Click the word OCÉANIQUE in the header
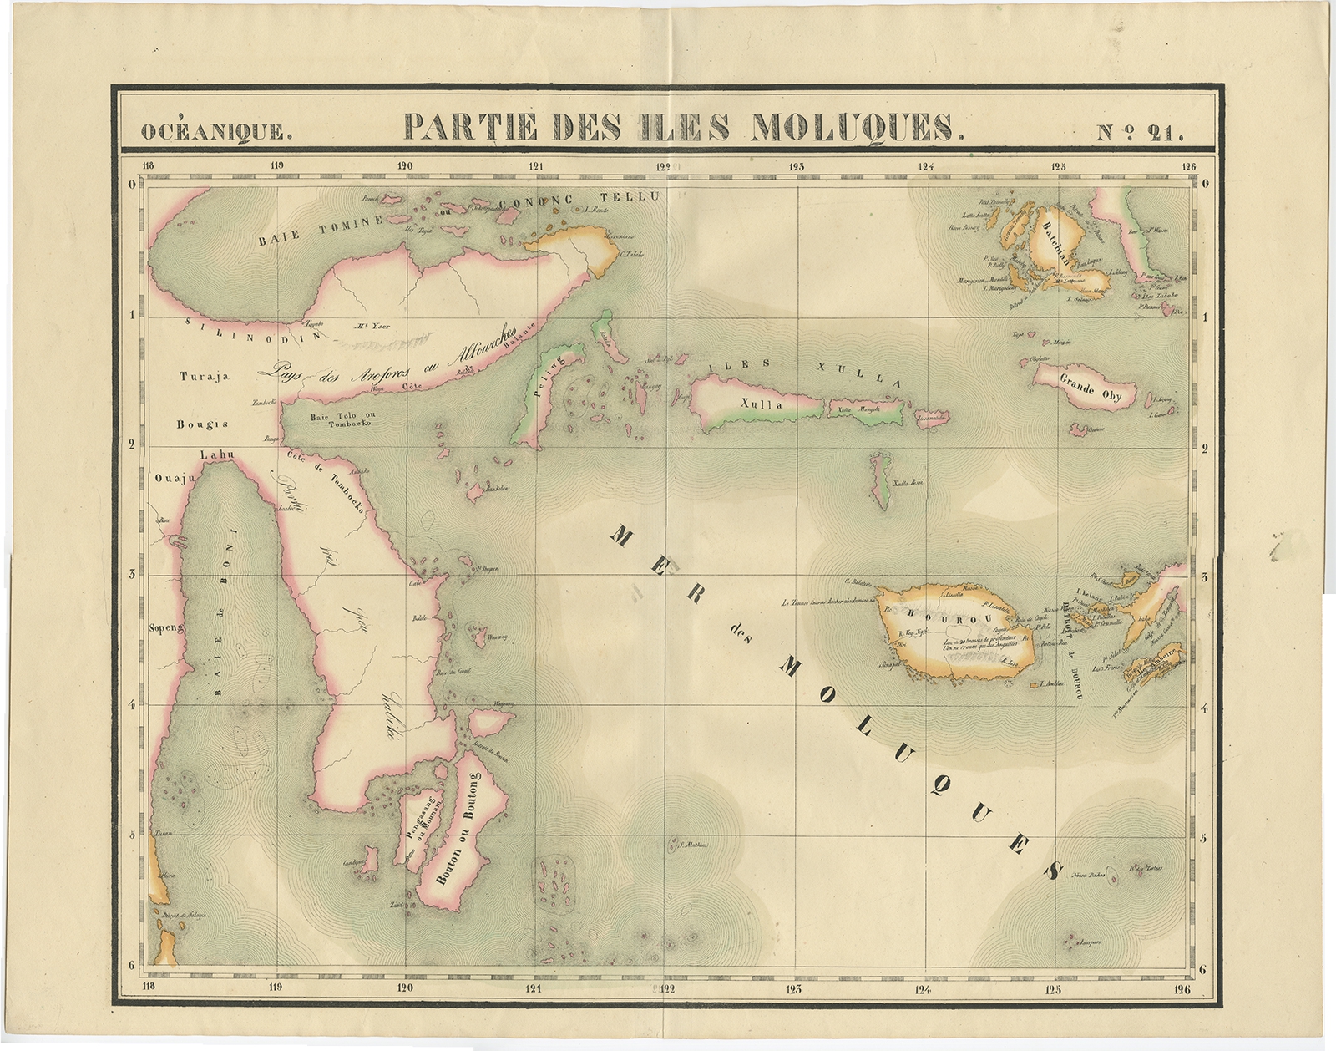click(x=216, y=130)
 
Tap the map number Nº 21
click(x=1139, y=130)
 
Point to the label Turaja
click(x=204, y=377)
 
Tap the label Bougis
click(x=202, y=424)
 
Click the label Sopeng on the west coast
click(x=164, y=625)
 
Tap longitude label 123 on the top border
click(x=796, y=166)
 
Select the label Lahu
click(x=218, y=454)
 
